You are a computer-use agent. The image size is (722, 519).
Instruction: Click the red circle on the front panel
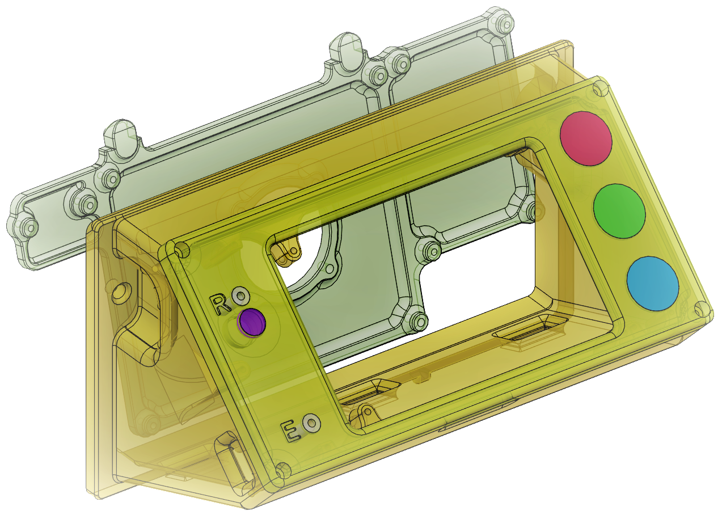tap(586, 138)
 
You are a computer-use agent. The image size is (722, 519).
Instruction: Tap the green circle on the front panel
tap(619, 212)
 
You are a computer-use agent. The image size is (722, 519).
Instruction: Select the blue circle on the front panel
tap(653, 284)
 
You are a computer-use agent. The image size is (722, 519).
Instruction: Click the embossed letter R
tap(220, 305)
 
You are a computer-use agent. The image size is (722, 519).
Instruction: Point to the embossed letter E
tap(292, 431)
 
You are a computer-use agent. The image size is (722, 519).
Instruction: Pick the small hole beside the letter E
tap(312, 422)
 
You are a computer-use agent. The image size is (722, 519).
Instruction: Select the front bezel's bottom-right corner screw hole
tap(702, 309)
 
